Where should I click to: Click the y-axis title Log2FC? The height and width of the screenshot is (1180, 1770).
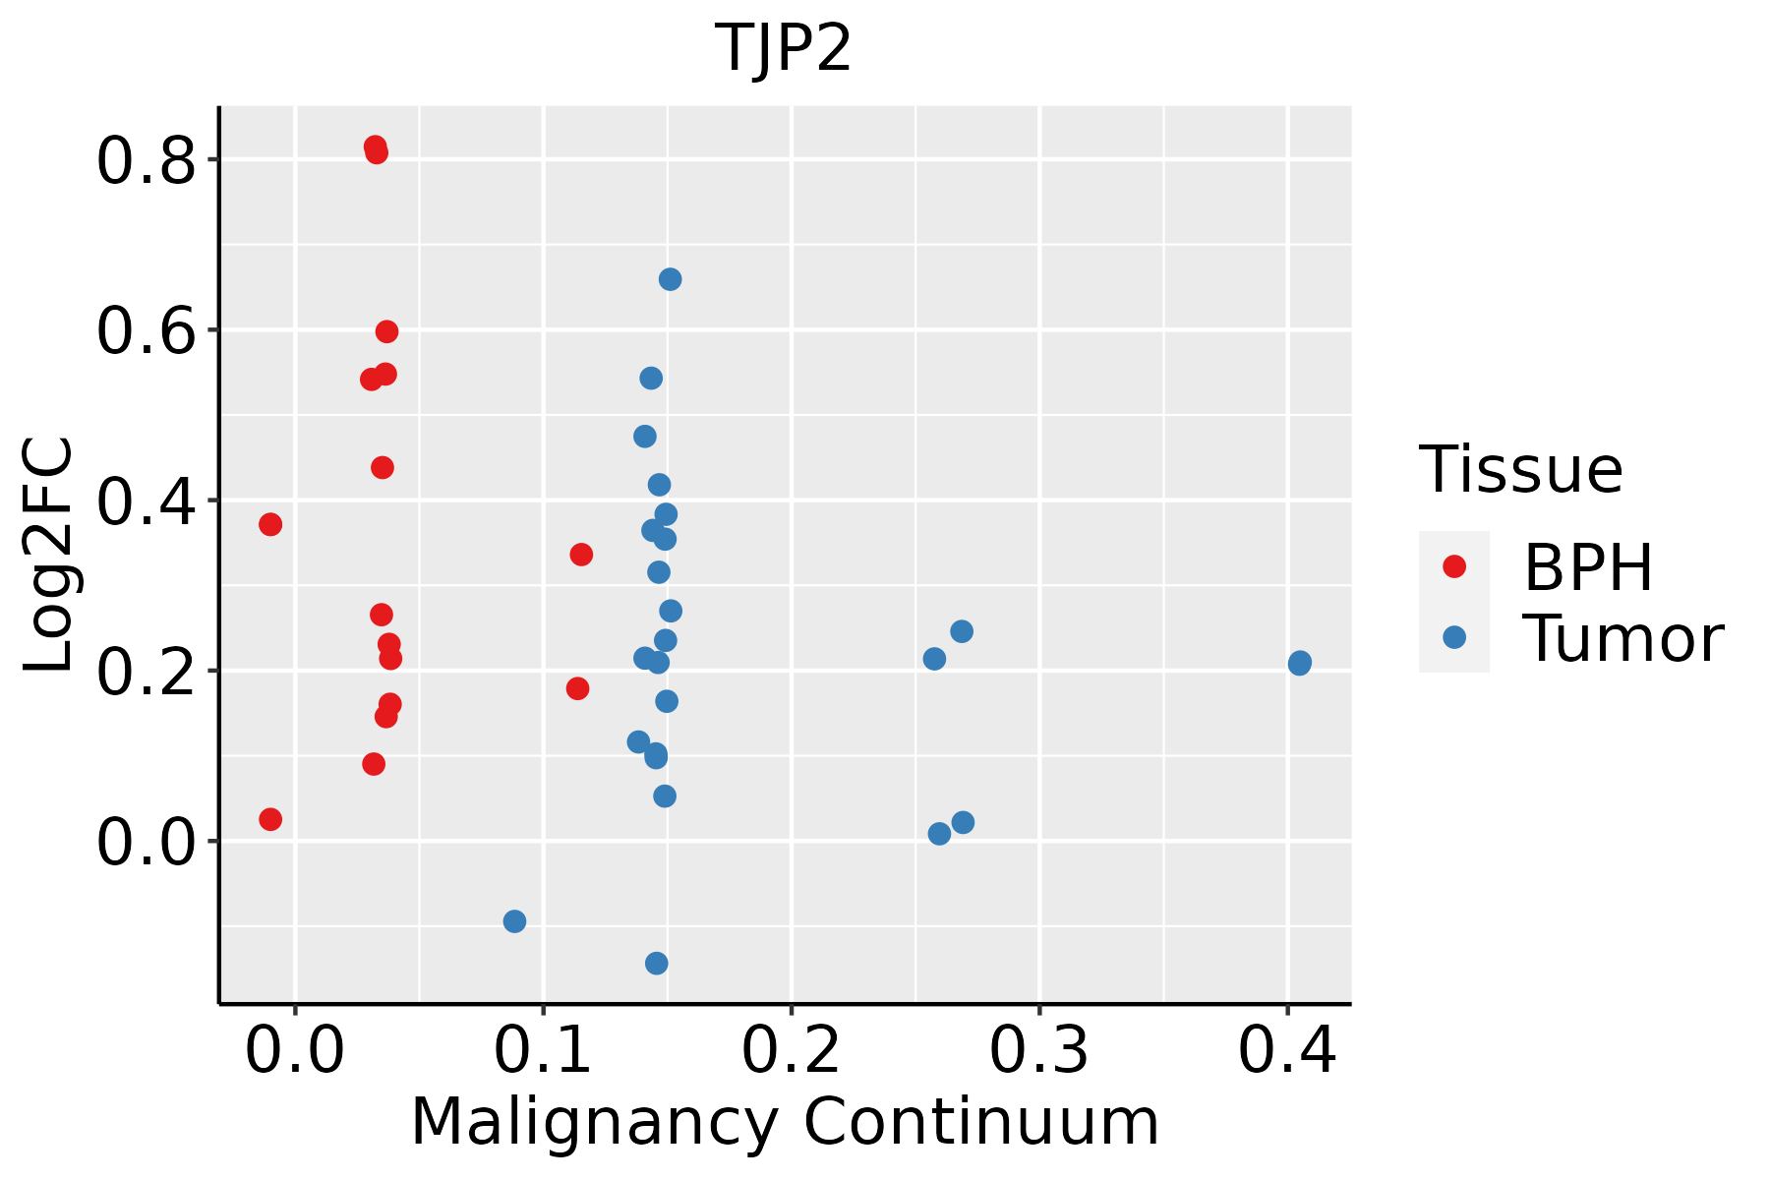coord(49,555)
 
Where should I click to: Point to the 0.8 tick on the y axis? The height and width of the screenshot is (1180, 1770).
coord(146,161)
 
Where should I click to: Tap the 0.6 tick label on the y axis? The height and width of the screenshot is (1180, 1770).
coord(146,331)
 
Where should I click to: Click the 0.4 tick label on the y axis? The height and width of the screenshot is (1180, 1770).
coord(146,501)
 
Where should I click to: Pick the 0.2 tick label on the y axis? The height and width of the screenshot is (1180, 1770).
coord(146,672)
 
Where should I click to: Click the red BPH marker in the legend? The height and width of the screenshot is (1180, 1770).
coord(1453,566)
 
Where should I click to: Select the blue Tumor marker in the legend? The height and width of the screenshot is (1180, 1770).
coord(1453,637)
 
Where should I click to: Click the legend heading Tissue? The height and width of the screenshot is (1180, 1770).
coord(1521,470)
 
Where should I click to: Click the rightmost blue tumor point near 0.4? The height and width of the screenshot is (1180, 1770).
coord(1299,663)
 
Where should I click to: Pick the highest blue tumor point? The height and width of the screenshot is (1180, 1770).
coord(670,279)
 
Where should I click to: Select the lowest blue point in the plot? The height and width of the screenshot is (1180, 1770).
coord(656,963)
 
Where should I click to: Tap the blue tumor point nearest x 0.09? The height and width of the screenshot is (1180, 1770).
coord(514,921)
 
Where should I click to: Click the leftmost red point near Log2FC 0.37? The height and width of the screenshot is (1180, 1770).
coord(270,524)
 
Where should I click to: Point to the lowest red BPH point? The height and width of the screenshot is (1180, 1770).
coord(270,819)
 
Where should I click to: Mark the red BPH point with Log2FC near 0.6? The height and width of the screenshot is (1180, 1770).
coord(386,331)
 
